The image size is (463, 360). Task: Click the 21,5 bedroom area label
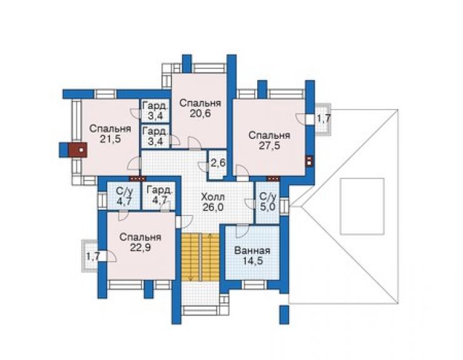click(110, 139)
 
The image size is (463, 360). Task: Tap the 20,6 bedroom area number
click(200, 113)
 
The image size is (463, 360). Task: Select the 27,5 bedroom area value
click(269, 145)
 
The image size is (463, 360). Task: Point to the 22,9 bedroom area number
click(141, 247)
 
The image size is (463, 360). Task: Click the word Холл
click(213, 197)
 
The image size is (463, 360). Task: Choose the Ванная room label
click(252, 250)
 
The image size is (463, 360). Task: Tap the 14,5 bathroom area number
click(253, 261)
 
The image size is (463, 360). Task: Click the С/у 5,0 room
click(267, 202)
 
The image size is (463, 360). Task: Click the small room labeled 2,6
click(218, 164)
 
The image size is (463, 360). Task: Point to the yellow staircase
click(200, 257)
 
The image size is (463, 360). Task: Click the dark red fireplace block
click(78, 150)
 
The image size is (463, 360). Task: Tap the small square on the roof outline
click(362, 207)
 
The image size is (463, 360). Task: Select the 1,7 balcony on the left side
click(91, 255)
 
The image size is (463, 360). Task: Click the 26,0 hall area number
click(213, 207)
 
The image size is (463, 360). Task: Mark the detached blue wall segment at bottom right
click(284, 314)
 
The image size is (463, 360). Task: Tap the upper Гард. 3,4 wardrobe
click(155, 111)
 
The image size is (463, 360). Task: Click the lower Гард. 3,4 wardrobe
click(155, 136)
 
